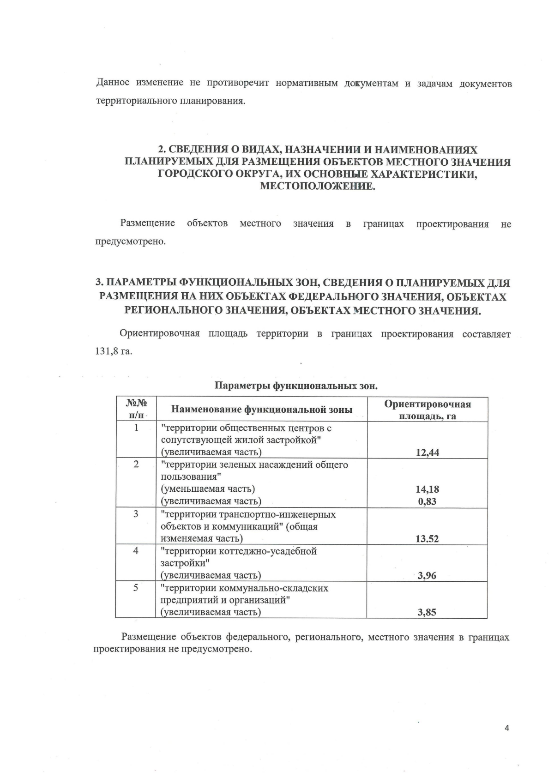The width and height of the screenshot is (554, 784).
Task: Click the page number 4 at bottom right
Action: pos(507,728)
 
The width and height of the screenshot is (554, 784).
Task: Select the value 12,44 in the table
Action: pos(427,452)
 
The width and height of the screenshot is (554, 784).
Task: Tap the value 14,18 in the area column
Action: pos(427,489)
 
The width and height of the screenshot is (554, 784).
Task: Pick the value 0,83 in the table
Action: pos(427,501)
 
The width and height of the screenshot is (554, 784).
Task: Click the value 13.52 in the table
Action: pos(427,539)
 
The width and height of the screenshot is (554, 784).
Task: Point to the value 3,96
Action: pos(427,576)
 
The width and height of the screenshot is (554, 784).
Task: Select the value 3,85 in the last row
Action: pos(427,613)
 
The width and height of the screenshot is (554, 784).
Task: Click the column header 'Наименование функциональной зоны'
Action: pos(262,410)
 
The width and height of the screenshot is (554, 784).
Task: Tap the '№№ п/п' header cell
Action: pos(136,410)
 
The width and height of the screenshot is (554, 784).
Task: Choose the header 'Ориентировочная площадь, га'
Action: pos(427,410)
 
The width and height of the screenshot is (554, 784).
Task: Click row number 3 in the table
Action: pos(136,514)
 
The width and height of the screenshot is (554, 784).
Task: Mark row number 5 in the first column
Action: pos(136,588)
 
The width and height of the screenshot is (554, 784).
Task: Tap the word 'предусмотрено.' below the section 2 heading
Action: pos(130,241)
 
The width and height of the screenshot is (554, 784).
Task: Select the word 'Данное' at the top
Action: pos(113,84)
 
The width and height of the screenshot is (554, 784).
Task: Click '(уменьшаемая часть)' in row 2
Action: pos(207,489)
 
